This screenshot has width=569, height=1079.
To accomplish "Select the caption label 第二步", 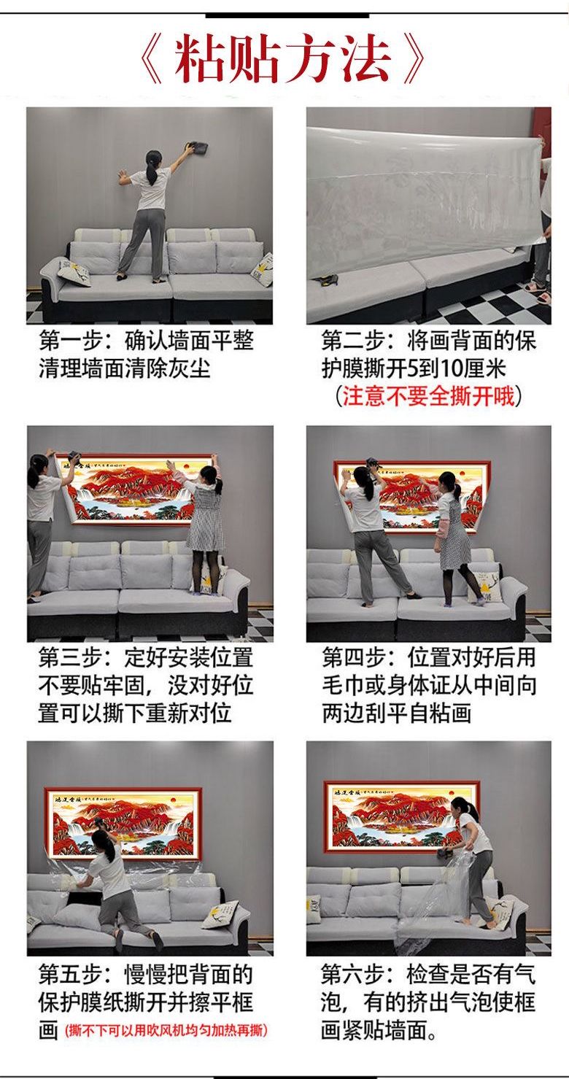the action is [353, 341].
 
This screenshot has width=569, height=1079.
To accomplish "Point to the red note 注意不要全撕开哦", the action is [428, 396].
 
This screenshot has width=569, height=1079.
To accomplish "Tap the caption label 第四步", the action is [353, 657].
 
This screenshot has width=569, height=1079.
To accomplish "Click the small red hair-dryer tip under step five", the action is [166, 1030].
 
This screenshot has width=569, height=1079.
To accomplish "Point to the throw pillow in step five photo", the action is [220, 914].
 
